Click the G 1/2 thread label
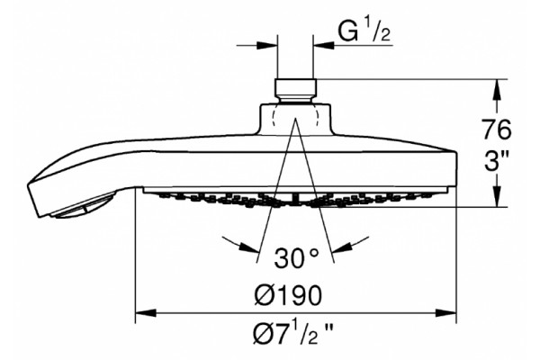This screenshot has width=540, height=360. [364, 31]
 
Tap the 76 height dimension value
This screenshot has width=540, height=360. [496, 130]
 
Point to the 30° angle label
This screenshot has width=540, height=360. [297, 256]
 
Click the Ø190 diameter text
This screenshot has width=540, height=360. [289, 294]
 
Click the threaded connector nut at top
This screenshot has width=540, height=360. [295, 88]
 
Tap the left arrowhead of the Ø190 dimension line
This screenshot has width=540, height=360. [146, 313]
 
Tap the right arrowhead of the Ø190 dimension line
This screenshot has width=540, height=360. [446, 313]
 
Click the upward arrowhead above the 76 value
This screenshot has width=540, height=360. [496, 90]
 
